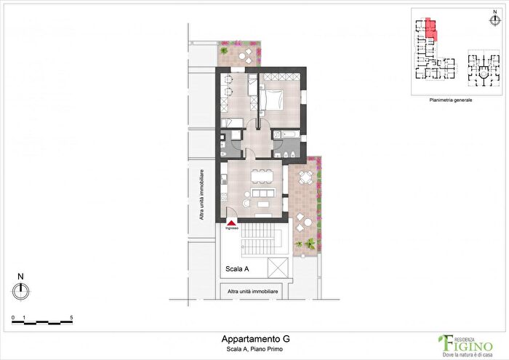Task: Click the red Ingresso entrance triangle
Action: tap(231, 222)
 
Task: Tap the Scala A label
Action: tap(238, 269)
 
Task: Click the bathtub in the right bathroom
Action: tap(281, 135)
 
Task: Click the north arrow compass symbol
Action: tap(22, 289)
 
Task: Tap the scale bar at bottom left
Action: tap(41, 320)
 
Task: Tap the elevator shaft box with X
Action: tap(277, 268)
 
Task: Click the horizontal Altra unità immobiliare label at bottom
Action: tap(253, 291)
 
